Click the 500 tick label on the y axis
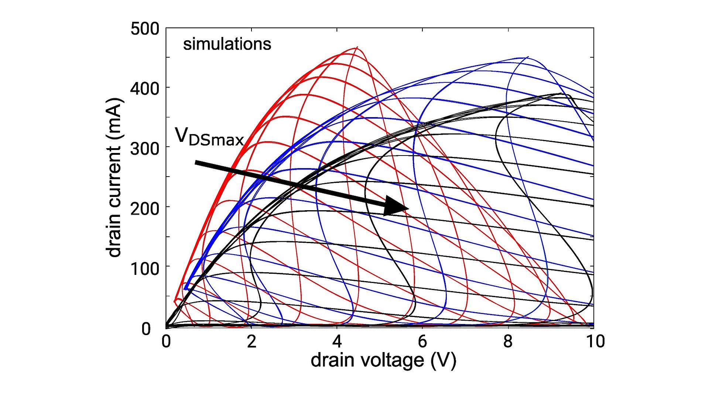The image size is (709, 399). pyautogui.click(x=145, y=29)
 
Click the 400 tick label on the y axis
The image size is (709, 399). pyautogui.click(x=145, y=89)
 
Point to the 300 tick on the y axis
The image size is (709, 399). pyautogui.click(x=145, y=149)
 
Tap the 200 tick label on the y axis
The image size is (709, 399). pyautogui.click(x=145, y=208)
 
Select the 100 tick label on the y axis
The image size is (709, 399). pyautogui.click(x=145, y=268)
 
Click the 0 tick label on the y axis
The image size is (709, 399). pyautogui.click(x=146, y=328)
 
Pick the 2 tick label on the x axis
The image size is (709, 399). pyautogui.click(x=251, y=341)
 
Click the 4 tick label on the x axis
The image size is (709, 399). pyautogui.click(x=337, y=341)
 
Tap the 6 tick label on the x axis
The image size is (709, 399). pyautogui.click(x=422, y=341)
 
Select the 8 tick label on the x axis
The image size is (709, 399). pyautogui.click(x=508, y=341)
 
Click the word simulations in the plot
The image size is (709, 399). pyautogui.click(x=227, y=44)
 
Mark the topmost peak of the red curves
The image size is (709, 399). pyautogui.click(x=357, y=47)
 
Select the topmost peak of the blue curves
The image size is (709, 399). pyautogui.click(x=527, y=57)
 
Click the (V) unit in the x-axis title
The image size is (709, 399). pyautogui.click(x=443, y=361)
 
